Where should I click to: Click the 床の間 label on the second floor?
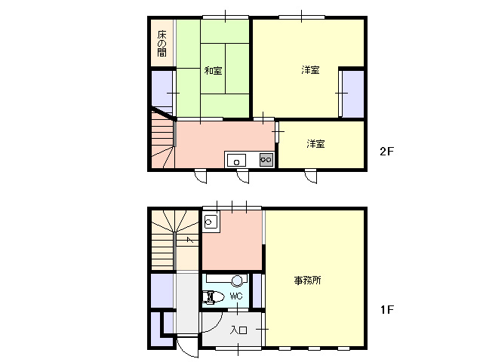click(x=162, y=44)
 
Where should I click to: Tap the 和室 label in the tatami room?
click(x=213, y=70)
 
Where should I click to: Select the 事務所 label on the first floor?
click(x=307, y=280)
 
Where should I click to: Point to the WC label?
click(x=236, y=296)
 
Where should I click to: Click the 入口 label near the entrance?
click(x=238, y=330)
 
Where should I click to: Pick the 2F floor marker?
click(x=387, y=151)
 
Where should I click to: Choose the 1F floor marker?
click(x=387, y=309)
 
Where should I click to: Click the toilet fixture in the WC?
click(x=213, y=297)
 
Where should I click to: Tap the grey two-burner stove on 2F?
click(x=266, y=159)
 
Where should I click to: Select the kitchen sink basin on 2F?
click(x=236, y=160)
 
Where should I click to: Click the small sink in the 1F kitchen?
click(x=211, y=222)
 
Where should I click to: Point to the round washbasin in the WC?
click(x=237, y=281)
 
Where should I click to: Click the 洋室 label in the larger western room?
click(x=310, y=70)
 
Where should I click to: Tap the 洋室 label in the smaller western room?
click(x=315, y=143)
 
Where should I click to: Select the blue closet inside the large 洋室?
click(x=353, y=94)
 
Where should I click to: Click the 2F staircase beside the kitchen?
click(x=163, y=140)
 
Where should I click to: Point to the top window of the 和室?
click(x=226, y=17)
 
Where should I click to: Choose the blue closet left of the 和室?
click(x=162, y=89)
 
